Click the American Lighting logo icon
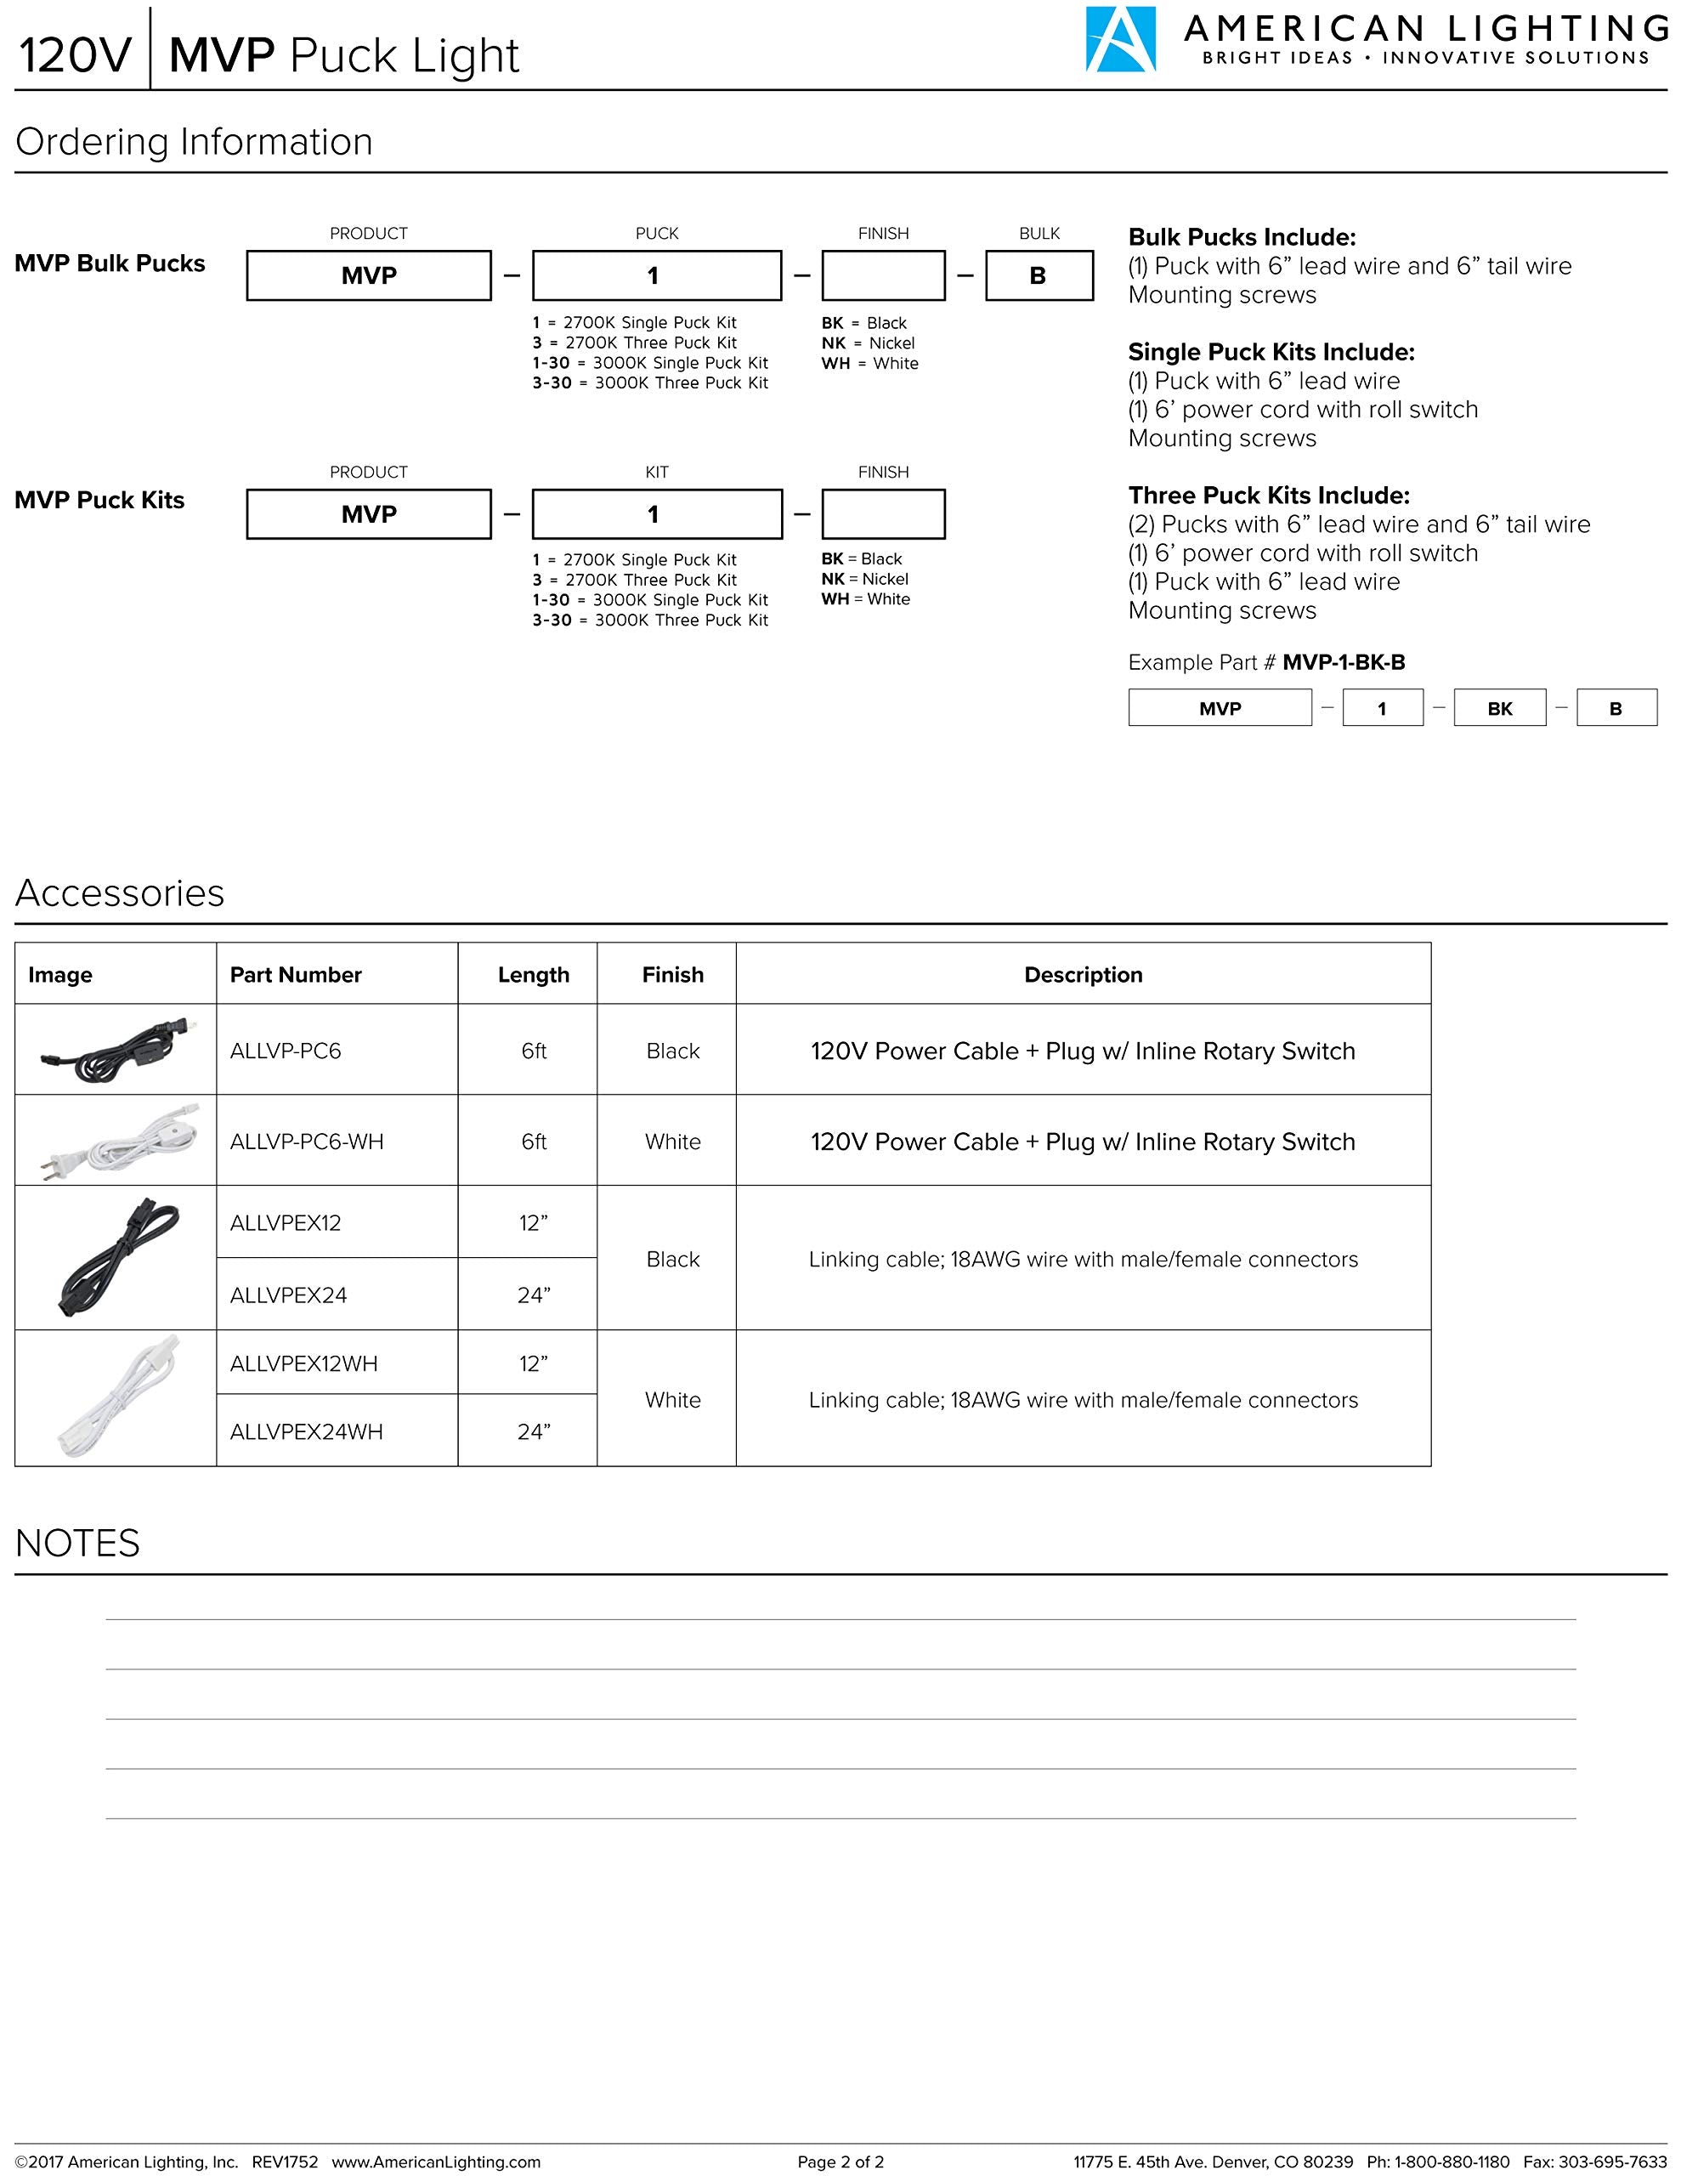point(1120,40)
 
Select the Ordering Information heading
point(195,143)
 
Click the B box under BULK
point(1039,276)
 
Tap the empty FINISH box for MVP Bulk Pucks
point(883,276)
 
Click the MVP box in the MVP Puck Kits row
point(369,514)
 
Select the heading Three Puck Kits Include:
point(1269,496)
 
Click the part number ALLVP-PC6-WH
point(307,1142)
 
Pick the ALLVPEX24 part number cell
point(289,1295)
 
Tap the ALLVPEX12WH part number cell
point(304,1364)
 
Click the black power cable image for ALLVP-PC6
point(116,1049)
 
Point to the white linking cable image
point(116,1398)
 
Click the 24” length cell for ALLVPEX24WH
point(533,1431)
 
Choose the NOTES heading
point(77,1544)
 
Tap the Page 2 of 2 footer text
point(840,2162)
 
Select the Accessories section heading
point(120,893)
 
